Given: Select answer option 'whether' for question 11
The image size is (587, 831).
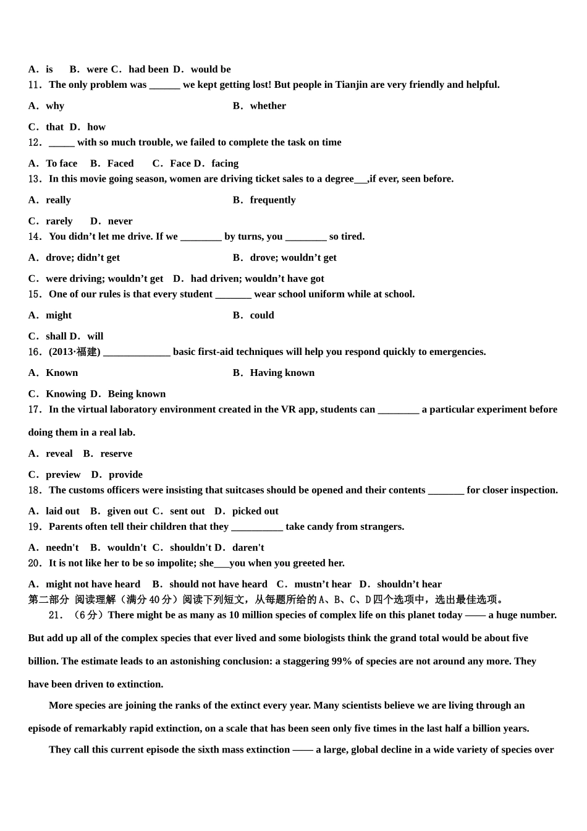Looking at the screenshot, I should point(268,106).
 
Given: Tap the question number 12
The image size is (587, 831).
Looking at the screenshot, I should point(35,142).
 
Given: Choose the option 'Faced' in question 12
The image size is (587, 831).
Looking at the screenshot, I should point(120,163).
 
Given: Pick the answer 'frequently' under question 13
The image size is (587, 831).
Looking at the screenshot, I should point(272,200).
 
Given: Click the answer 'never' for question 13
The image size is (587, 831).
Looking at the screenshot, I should point(120,221).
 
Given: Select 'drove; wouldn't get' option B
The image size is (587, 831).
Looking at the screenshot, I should point(293,257).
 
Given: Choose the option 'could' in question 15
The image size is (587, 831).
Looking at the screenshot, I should point(262,315).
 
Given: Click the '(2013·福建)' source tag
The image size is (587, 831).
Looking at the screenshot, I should point(74,352).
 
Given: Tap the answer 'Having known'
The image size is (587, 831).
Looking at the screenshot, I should point(282,372).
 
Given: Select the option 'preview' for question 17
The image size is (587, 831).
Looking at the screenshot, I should point(63,474).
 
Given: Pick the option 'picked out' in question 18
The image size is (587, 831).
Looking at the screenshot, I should point(255,511).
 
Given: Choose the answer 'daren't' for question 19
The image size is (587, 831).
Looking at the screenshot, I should point(248,547).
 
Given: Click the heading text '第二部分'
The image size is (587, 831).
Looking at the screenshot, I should point(49,599).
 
